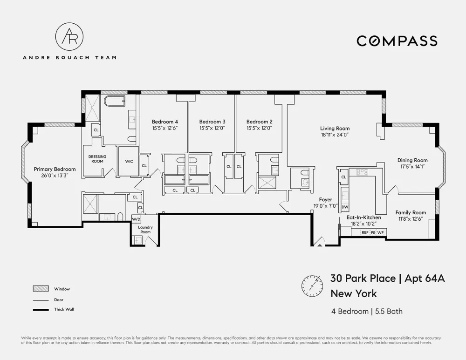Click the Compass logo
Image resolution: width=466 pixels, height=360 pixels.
point(397,41)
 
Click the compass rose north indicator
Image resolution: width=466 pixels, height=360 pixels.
point(312,286)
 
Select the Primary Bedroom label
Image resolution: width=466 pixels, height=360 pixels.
point(55,169)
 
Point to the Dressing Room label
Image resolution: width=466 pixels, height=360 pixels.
point(97,159)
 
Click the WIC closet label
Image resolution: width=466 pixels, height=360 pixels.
point(129,161)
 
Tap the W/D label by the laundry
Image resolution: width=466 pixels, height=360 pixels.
point(136,219)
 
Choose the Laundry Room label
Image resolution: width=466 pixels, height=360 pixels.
point(145,230)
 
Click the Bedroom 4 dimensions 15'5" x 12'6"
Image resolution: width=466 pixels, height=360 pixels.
point(165,129)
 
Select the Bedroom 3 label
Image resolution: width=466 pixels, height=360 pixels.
point(212,122)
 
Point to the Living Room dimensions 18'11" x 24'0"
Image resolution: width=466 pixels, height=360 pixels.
point(335,135)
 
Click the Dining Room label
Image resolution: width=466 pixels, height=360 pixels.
point(412,160)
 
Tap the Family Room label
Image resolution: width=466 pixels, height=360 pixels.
point(411,212)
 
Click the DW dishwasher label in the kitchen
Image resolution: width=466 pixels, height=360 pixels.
point(345,207)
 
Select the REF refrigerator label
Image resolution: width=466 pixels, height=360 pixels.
point(365,232)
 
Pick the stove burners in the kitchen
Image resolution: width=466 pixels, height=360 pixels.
point(362,171)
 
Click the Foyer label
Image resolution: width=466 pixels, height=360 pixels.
point(326,200)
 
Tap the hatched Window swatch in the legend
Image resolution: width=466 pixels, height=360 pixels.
point(41,288)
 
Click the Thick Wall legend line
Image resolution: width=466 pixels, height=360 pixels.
point(41,310)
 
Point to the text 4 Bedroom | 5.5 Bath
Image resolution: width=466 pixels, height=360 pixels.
point(367,311)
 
